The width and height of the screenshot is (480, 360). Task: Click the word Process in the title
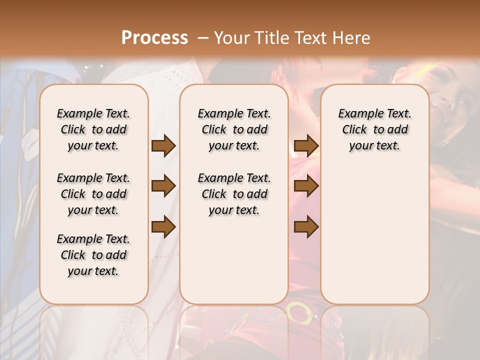[x=154, y=38]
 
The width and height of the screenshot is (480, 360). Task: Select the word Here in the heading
[x=352, y=38]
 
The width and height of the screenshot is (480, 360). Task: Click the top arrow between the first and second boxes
[x=163, y=146]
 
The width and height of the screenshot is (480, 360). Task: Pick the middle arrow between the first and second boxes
[x=163, y=186]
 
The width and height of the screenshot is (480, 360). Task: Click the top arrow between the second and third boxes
[x=306, y=146]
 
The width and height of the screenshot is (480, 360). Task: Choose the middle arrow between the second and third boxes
[x=306, y=186]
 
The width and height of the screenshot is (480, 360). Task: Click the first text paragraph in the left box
[x=93, y=129]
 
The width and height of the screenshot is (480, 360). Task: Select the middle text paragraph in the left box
[x=93, y=194]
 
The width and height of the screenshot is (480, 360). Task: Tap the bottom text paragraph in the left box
[x=93, y=255]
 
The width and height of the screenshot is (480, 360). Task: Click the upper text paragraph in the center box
[x=234, y=129]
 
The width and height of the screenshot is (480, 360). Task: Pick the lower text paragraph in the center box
[x=234, y=194]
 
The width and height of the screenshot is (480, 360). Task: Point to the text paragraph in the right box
[x=374, y=129]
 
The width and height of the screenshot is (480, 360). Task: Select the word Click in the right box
[x=354, y=130]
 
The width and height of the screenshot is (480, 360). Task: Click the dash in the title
[x=203, y=38]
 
